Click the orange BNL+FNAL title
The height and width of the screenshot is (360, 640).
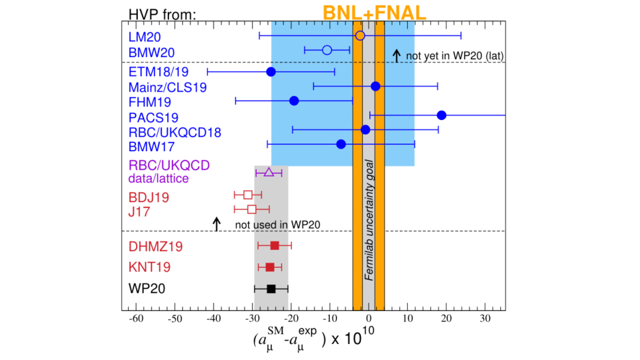[374, 12]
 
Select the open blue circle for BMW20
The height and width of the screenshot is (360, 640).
[326, 50]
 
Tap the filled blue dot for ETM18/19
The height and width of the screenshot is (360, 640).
[271, 72]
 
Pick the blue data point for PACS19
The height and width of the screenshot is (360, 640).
[442, 115]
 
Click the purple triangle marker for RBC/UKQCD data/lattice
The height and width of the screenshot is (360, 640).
[269, 172]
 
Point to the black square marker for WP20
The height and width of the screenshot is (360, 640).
[271, 288]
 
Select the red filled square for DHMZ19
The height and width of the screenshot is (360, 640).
[275, 245]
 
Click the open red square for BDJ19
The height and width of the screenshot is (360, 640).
[248, 195]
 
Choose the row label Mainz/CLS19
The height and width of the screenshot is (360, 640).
[159, 87]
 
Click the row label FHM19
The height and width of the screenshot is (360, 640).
[150, 102]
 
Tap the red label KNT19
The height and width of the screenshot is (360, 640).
[149, 268]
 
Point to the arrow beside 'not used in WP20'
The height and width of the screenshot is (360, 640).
[216, 224]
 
